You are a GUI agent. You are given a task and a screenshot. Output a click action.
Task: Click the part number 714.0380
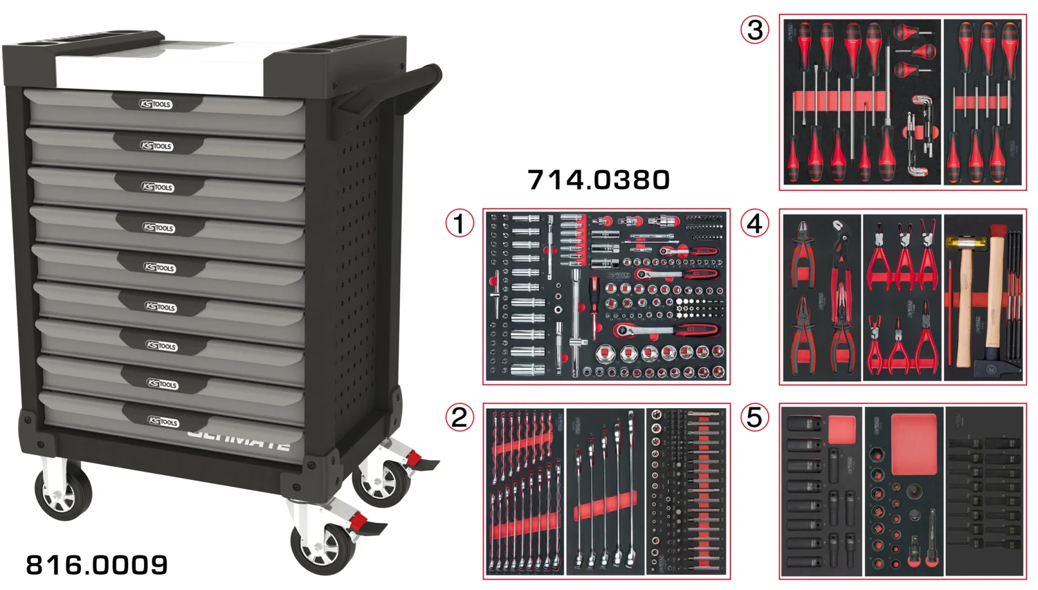(x=599, y=180)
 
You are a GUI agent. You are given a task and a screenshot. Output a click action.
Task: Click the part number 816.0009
(x=97, y=565)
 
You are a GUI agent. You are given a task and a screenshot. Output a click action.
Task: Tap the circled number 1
(x=459, y=223)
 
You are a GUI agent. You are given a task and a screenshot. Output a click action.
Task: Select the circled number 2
(x=459, y=418)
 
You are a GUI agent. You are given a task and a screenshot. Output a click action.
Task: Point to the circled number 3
(x=755, y=30)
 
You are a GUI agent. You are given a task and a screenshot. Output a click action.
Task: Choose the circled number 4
(x=755, y=223)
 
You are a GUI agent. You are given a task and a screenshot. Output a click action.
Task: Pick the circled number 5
(x=755, y=418)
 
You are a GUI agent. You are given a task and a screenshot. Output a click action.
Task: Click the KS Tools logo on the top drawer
(x=156, y=104)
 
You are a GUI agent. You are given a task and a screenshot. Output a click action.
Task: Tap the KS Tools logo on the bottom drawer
(x=163, y=421)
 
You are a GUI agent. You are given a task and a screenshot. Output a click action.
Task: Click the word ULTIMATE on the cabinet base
(x=239, y=439)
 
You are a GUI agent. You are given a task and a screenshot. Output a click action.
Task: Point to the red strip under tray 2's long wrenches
(x=605, y=506)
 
